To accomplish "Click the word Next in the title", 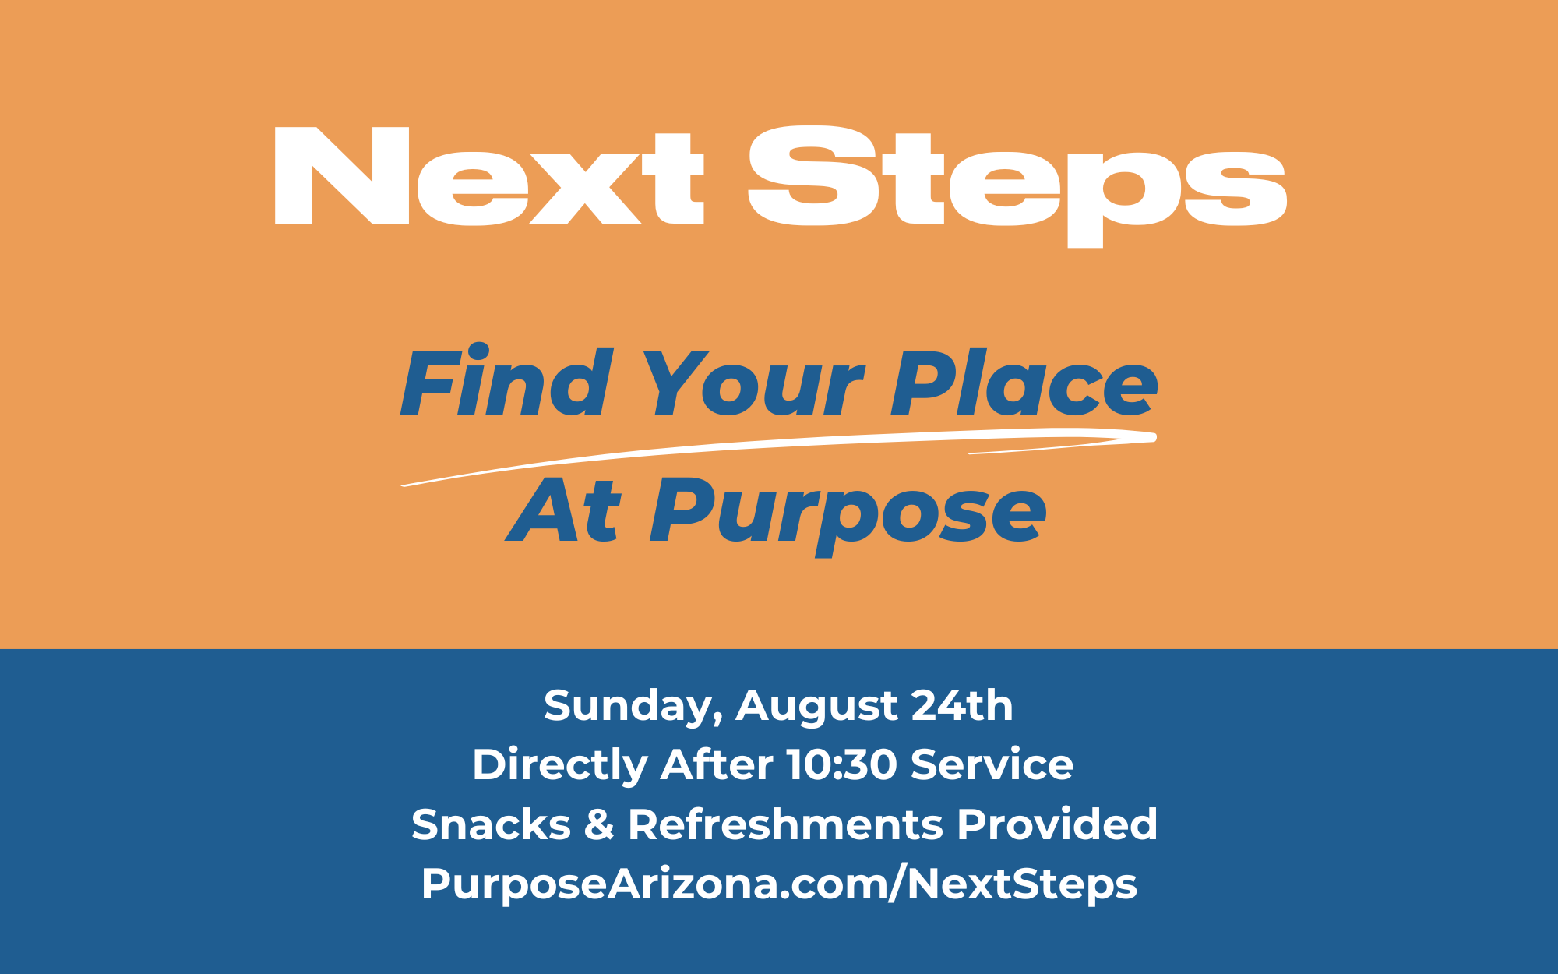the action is coord(490,176).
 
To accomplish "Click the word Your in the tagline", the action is coord(753,383).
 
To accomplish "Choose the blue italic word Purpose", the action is coord(849,516).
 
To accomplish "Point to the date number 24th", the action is coord(962,705).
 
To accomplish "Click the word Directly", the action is coord(560,766).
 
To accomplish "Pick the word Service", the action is coord(992,764).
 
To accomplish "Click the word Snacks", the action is coord(492,824).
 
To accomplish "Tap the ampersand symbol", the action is coord(599,824).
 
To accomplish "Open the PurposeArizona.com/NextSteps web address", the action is coord(779,885).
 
